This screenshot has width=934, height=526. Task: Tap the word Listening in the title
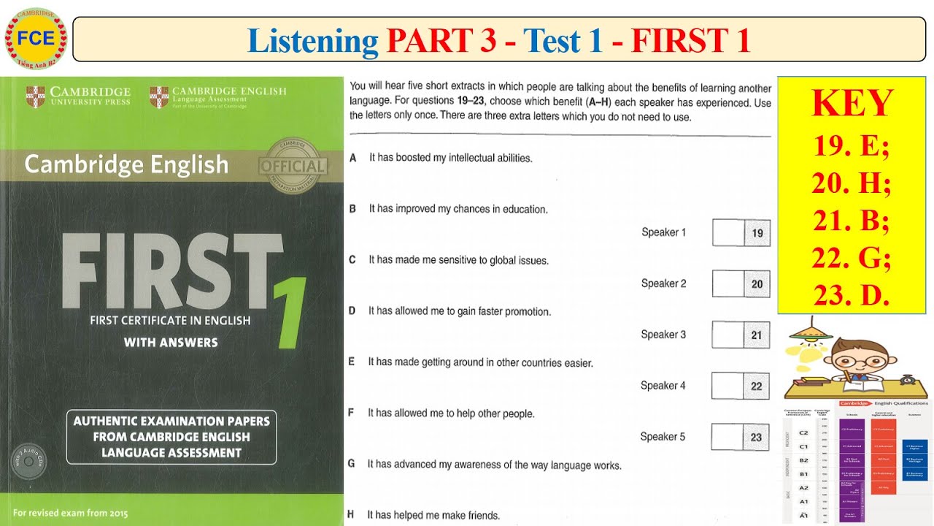coord(312,41)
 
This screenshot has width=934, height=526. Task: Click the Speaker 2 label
coord(663,283)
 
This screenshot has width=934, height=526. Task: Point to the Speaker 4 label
coord(663,386)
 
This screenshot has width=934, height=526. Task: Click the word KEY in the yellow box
coord(852,104)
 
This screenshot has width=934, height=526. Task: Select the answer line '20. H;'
coord(852,183)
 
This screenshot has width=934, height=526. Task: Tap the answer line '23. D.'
coord(852,295)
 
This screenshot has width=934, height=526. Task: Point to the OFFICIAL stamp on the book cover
coord(293,166)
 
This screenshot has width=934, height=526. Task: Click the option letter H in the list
coord(351,515)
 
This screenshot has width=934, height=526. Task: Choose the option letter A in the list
coord(353,158)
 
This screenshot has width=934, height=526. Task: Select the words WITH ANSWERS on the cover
coord(171,342)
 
